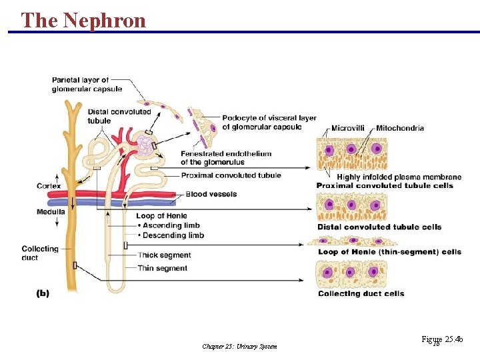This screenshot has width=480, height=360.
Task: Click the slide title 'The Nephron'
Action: (83, 20)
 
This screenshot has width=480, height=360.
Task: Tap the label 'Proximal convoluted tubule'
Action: (231, 175)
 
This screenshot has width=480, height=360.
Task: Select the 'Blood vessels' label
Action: (211, 194)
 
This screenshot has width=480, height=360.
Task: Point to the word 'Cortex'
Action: (49, 185)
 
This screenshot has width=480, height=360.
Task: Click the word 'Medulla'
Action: (51, 212)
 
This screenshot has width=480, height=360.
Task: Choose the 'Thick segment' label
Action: (164, 255)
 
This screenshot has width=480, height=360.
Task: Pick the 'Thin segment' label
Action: (162, 268)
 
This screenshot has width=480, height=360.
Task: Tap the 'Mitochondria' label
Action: (400, 128)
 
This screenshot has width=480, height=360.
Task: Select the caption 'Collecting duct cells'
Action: (361, 293)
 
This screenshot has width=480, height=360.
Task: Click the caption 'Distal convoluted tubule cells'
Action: (379, 227)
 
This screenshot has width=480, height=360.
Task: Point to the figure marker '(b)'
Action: (42, 293)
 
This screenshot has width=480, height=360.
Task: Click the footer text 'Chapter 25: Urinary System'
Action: (239, 346)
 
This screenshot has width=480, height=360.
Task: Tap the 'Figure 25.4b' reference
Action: (441, 340)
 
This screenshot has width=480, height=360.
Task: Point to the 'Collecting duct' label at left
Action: (40, 253)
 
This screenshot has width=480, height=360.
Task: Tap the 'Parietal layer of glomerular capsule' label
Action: (80, 85)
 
